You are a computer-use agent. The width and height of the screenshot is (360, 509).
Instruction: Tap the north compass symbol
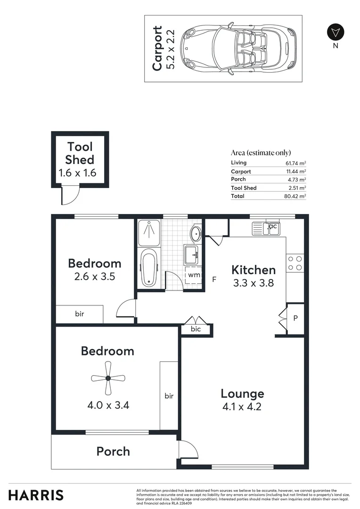[x=335, y=33]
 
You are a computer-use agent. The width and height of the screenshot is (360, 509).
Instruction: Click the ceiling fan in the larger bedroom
[x=108, y=378]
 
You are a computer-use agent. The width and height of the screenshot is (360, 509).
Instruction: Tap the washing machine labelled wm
[x=194, y=275]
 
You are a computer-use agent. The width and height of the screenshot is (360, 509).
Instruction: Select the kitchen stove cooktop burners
[x=295, y=263]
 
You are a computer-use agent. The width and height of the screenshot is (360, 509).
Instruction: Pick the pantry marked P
[x=295, y=318]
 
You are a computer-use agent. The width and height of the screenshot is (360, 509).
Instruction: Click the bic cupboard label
[x=196, y=329]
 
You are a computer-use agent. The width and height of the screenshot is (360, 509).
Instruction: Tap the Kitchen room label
[x=254, y=270]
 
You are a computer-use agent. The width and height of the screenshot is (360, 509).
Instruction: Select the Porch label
[x=113, y=452]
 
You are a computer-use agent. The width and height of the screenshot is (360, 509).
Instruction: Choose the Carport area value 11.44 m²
[x=297, y=172]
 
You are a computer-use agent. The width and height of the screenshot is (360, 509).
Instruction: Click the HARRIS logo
[x=36, y=495]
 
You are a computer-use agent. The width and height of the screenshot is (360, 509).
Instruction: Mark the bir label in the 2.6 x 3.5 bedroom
[x=79, y=313]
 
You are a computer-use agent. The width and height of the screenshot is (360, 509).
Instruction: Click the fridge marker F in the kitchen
[x=214, y=279]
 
